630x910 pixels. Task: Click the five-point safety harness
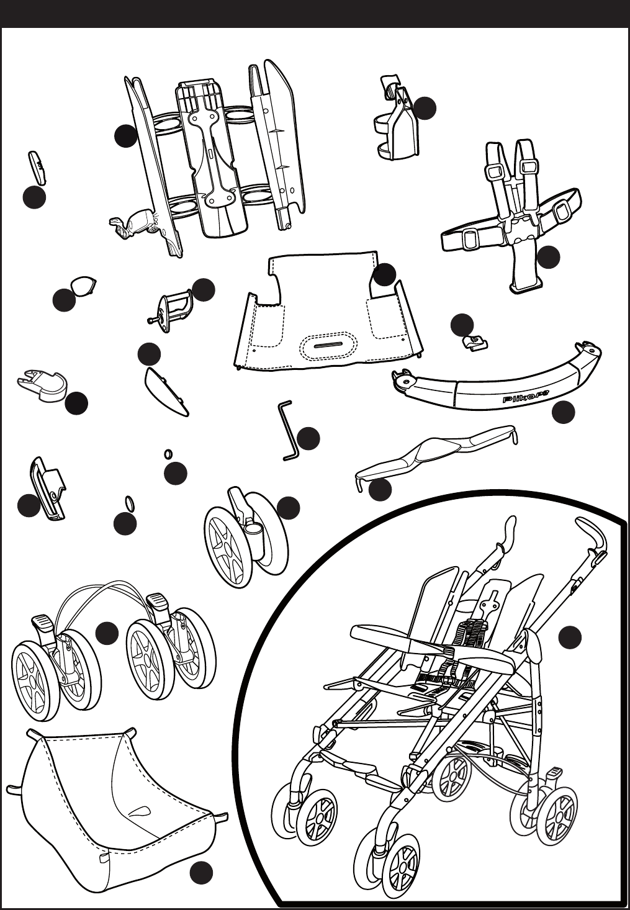point(515,211)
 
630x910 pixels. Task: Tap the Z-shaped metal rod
point(287,430)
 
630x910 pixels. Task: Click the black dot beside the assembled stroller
point(570,637)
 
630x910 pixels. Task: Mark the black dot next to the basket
point(201,873)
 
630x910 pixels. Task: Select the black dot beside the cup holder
point(425,108)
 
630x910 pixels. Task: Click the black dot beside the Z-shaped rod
point(308,438)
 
